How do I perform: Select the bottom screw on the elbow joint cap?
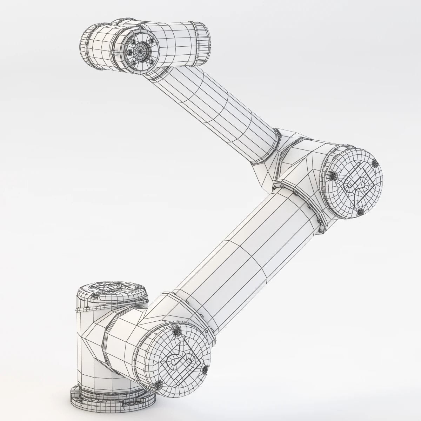point(359,212)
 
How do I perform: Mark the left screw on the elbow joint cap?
point(332,175)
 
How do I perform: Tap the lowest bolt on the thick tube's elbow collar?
point(320,229)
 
